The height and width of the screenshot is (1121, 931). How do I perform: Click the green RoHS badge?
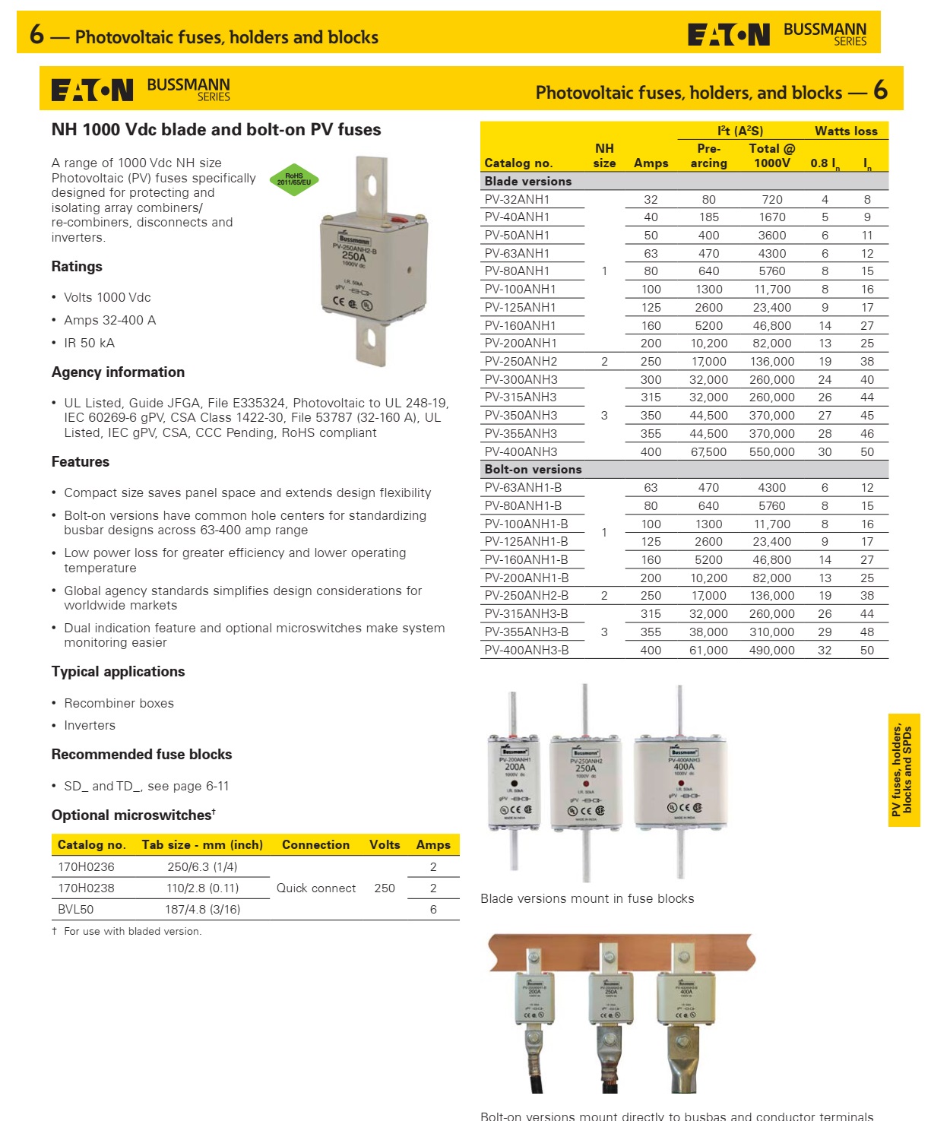click(294, 179)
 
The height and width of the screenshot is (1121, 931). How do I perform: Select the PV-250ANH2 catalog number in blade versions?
click(521, 362)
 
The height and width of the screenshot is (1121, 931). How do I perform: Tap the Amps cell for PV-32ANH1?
click(651, 199)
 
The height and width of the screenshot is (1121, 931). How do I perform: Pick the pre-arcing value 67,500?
click(708, 451)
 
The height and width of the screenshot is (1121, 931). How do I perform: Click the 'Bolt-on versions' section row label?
click(533, 470)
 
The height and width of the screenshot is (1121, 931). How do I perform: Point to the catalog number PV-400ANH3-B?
click(526, 651)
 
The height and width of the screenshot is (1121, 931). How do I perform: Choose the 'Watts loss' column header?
click(846, 131)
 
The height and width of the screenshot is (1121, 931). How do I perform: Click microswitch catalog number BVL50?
click(76, 909)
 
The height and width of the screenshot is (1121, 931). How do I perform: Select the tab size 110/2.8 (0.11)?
click(202, 888)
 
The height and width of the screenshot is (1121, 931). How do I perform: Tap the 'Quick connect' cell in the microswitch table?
click(316, 888)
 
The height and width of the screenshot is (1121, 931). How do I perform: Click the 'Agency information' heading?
click(118, 372)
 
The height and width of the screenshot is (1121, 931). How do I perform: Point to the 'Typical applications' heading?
click(118, 671)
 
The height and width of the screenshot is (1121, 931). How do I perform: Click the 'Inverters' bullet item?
click(90, 725)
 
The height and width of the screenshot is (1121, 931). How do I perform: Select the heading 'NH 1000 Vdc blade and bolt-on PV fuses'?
click(216, 130)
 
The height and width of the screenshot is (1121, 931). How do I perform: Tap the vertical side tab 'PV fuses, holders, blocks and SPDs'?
click(903, 769)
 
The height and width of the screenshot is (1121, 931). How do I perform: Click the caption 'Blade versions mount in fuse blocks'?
click(587, 898)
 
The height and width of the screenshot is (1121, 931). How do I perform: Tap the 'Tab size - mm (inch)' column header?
click(202, 844)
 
